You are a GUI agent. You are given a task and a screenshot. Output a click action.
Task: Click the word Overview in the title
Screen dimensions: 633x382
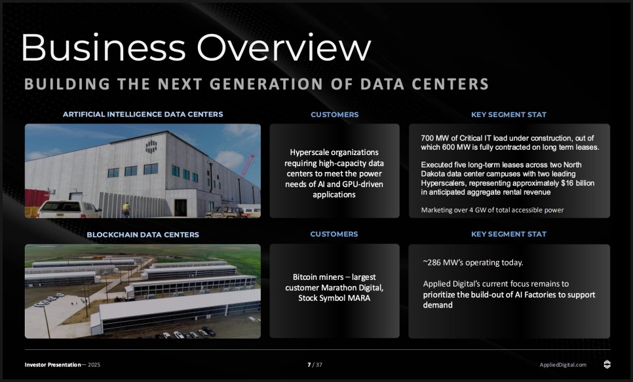point(283,47)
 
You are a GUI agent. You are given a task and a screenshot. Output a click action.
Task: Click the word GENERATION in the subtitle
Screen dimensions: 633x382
point(267,84)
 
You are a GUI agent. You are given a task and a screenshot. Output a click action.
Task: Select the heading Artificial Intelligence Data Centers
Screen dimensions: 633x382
point(143,114)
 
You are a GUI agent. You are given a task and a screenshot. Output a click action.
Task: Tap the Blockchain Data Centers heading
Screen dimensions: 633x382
point(143,235)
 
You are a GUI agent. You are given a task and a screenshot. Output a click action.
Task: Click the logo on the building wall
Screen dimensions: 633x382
point(151,147)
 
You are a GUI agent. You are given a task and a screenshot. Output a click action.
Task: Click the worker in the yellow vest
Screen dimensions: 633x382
point(126,210)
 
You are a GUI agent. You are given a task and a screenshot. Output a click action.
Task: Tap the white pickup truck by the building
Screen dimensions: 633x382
point(69,209)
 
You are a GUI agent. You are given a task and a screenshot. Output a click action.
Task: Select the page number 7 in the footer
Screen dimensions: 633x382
point(309,365)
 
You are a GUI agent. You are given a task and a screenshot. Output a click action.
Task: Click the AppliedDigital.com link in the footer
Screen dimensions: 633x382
point(563,365)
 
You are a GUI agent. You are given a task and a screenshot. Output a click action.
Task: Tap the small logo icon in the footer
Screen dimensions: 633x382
point(607,364)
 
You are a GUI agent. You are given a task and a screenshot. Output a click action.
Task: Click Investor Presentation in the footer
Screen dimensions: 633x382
point(53,365)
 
